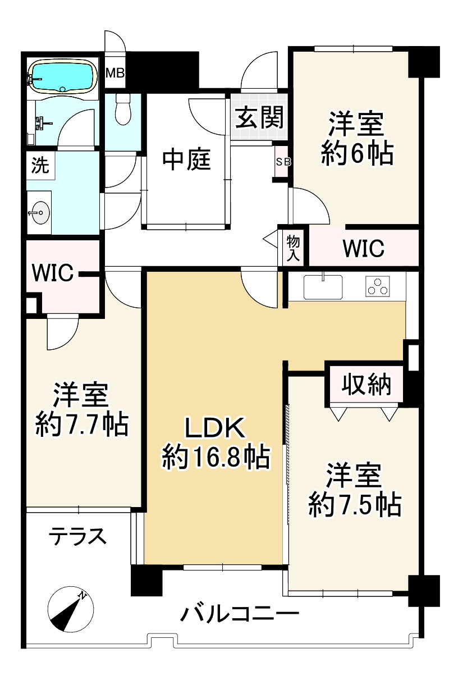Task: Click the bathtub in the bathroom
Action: click(x=63, y=76)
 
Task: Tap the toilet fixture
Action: click(x=123, y=109)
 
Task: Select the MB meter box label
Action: click(x=115, y=73)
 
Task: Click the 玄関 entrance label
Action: click(x=259, y=117)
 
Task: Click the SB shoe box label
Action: click(x=283, y=162)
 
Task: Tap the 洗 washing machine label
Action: click(x=40, y=166)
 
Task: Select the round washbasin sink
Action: click(x=40, y=212)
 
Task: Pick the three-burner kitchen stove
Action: click(x=378, y=286)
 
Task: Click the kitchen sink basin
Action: click(x=323, y=287)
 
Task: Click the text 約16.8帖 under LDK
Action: click(x=216, y=458)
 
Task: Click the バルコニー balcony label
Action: click(x=240, y=612)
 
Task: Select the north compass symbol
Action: click(x=70, y=609)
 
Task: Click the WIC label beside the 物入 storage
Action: click(x=363, y=248)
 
